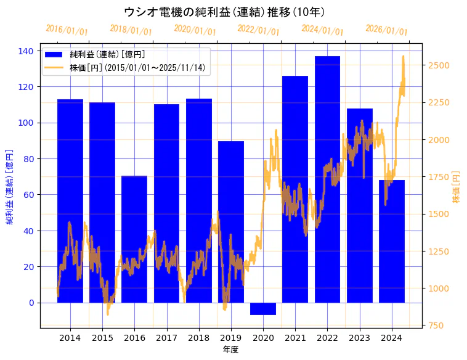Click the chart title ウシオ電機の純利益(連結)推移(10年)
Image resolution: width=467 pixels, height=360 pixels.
[224, 12]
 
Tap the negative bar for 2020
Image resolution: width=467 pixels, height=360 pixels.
[263, 309]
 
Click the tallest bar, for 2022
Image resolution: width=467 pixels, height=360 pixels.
[327, 179]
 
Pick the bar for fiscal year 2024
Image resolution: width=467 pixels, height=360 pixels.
[392, 241]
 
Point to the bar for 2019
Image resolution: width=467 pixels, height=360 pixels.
[231, 222]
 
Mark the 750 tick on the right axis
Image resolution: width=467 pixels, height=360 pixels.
[437, 325]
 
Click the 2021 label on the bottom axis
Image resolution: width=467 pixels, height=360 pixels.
[295, 338]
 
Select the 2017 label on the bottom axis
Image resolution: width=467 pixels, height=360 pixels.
[166, 338]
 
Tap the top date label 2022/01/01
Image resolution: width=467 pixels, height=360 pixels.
[258, 30]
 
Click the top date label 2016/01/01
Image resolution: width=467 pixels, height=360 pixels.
[67, 30]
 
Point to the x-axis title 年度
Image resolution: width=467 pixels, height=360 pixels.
[230, 350]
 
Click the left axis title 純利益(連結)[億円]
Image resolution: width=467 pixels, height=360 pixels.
[10, 186]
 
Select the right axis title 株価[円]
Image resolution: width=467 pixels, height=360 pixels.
[457, 187]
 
